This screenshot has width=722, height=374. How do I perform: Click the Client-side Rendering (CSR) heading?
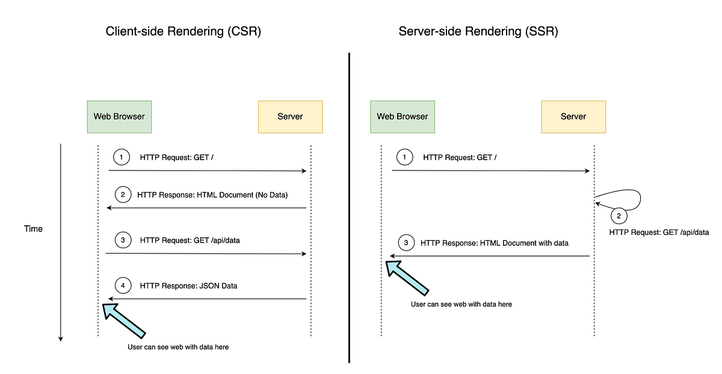tap(183, 32)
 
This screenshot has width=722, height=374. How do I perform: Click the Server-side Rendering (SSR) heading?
tap(478, 32)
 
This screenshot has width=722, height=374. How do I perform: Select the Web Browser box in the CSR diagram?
tap(119, 116)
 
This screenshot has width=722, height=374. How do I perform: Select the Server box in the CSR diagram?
tap(290, 116)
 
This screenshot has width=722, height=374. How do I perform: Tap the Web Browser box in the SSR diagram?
tap(403, 116)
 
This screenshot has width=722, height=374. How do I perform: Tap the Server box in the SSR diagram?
tap(573, 116)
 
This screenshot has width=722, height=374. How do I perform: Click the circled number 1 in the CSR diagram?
tap(122, 157)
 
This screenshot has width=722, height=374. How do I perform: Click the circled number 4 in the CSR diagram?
tap(123, 285)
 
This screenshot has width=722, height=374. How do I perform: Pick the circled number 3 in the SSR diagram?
tap(406, 243)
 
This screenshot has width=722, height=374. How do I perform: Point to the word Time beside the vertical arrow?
tap(33, 229)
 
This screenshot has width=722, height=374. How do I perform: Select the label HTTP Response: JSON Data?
tap(188, 285)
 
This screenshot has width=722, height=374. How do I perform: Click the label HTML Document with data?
tap(523, 243)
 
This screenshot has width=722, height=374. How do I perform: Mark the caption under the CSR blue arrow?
tap(178, 347)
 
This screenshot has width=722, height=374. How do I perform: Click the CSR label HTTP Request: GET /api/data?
tap(190, 240)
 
